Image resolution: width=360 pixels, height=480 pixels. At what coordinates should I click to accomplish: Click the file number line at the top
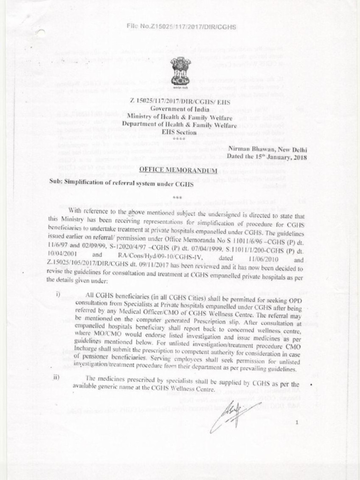[181, 27]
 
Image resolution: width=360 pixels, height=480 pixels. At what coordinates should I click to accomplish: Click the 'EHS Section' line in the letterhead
[180, 132]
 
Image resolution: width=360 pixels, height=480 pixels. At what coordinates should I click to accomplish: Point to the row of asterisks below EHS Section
[180, 139]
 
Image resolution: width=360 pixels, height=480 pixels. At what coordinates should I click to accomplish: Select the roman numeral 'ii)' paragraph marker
[59, 379]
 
